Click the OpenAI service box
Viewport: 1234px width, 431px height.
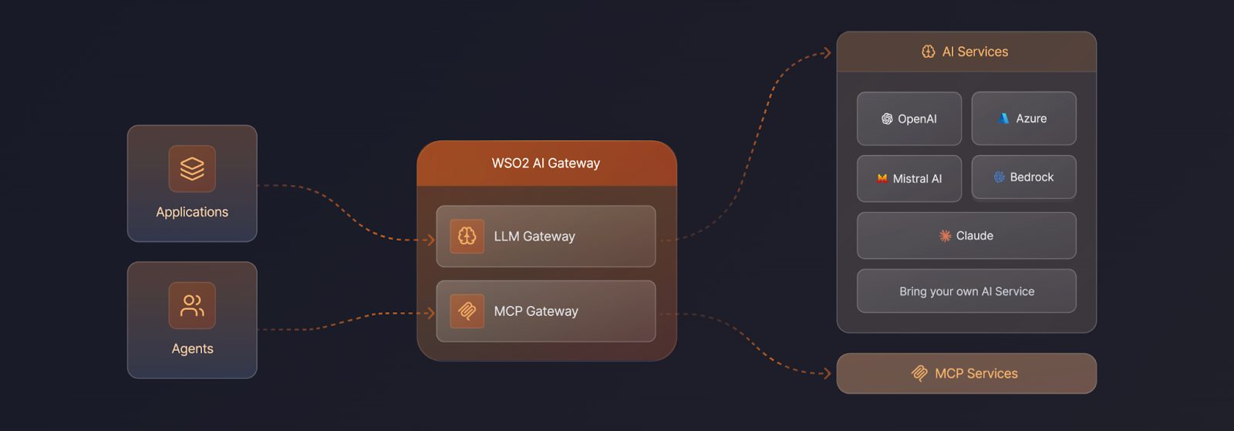point(909,119)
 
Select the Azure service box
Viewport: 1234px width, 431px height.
point(1023,119)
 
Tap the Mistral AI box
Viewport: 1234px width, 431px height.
point(909,179)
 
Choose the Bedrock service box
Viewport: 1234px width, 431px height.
point(1023,177)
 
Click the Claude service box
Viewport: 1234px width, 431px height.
point(966,236)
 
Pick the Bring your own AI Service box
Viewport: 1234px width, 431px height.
point(966,291)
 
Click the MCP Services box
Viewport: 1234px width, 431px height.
point(966,374)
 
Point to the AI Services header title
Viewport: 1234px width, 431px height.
point(975,52)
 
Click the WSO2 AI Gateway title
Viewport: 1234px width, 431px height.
point(546,163)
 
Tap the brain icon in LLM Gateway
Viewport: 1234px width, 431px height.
point(467,236)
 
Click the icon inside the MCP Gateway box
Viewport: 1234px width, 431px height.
point(467,311)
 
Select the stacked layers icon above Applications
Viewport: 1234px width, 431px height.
point(192,168)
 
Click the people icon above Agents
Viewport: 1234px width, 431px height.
point(192,305)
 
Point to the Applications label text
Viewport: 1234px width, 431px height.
point(192,212)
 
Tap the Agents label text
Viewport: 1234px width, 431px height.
point(192,349)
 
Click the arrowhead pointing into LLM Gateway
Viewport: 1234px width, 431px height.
point(431,240)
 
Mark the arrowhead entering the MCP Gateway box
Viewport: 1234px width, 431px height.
point(431,313)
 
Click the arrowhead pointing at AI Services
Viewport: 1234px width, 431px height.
point(827,53)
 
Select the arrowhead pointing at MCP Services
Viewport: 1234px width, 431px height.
point(827,373)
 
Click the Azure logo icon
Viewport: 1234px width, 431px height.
point(1003,119)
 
